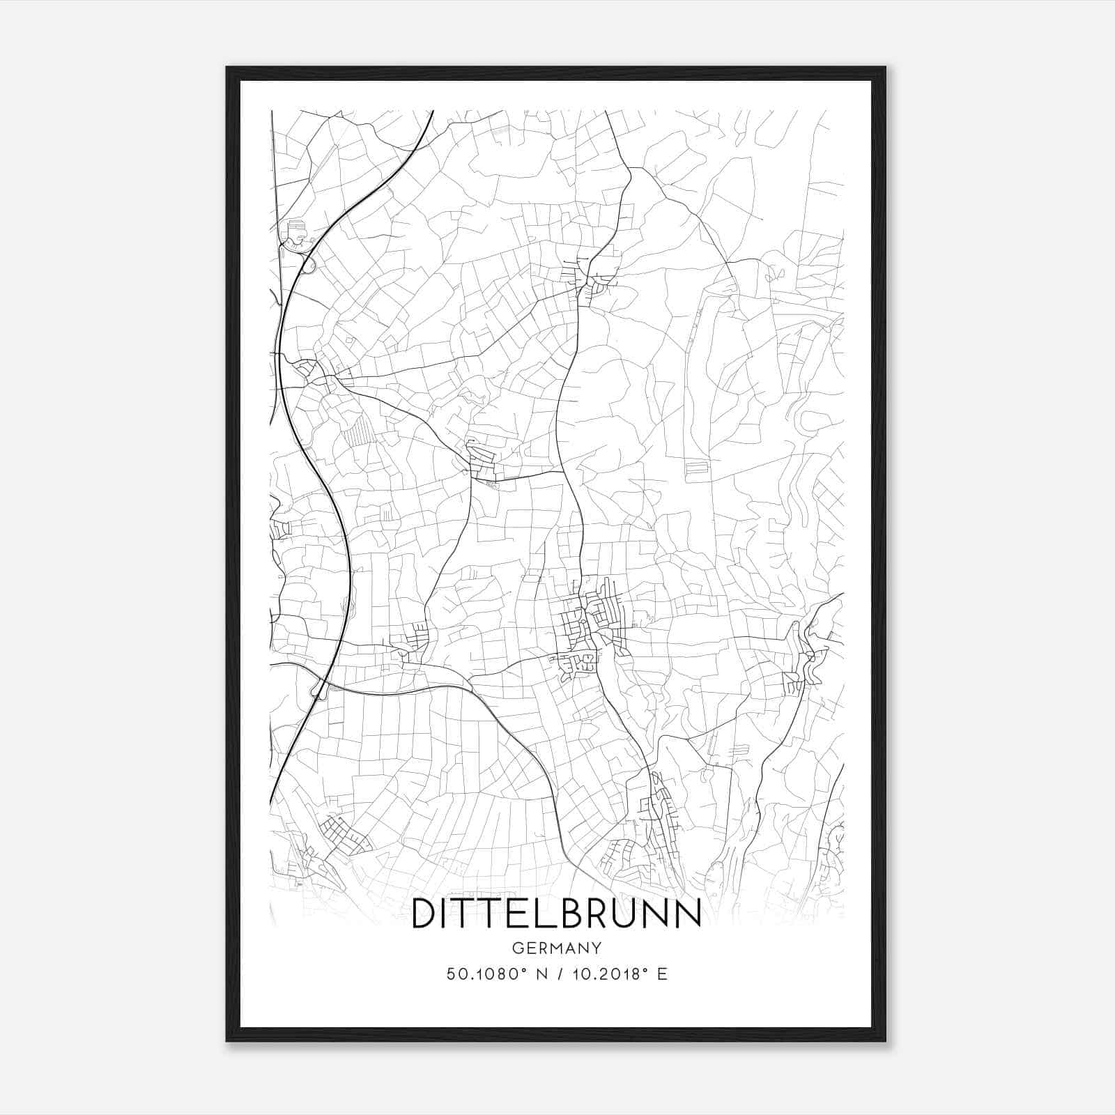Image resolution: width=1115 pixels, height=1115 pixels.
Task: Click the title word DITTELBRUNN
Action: (x=556, y=914)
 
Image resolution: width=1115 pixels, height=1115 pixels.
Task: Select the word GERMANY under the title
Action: (x=556, y=948)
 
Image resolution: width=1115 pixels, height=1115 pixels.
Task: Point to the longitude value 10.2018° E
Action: (x=620, y=974)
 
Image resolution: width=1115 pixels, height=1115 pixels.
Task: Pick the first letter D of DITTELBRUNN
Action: (x=423, y=914)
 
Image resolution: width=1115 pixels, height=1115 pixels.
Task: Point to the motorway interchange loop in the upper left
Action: (x=309, y=264)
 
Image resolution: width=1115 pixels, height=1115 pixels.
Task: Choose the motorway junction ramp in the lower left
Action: (x=319, y=690)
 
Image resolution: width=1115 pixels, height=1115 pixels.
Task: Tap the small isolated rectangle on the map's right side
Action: (x=695, y=471)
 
